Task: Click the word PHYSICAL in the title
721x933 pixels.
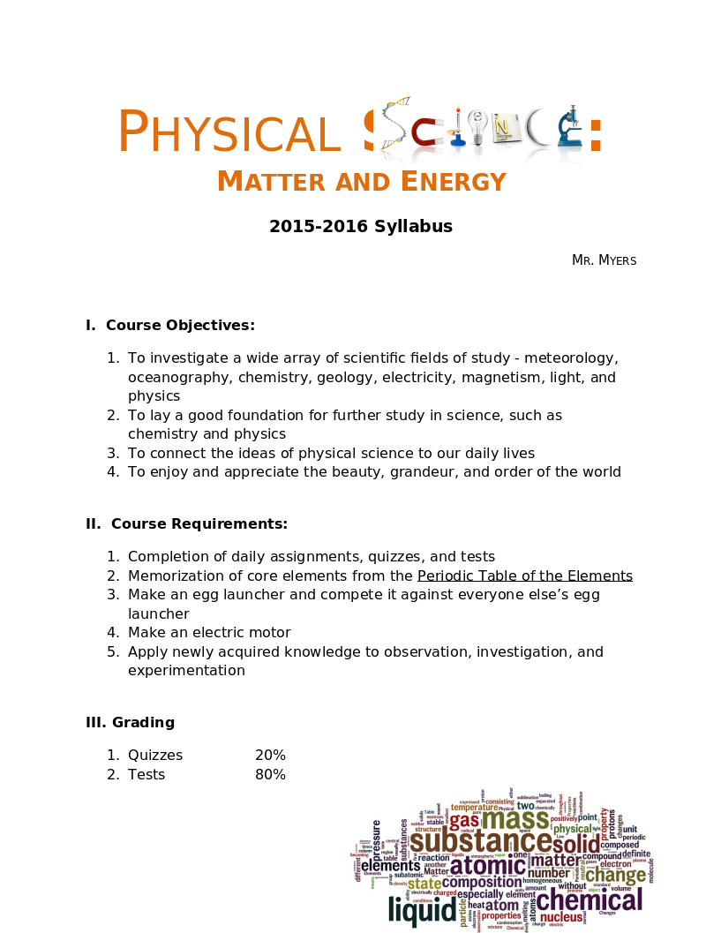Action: pyautogui.click(x=229, y=133)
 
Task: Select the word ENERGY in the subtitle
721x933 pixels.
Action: pyautogui.click(x=454, y=182)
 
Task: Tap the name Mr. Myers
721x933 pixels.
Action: pyautogui.click(x=604, y=260)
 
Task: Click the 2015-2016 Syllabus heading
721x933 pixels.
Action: pyautogui.click(x=361, y=227)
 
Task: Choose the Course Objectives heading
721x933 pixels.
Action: pyautogui.click(x=170, y=326)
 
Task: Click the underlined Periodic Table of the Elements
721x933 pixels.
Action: pyautogui.click(x=524, y=576)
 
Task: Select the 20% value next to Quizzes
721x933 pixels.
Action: pyautogui.click(x=270, y=756)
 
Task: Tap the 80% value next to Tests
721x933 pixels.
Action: pyautogui.click(x=270, y=775)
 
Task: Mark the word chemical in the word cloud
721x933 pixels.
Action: pyautogui.click(x=590, y=900)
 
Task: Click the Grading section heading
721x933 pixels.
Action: pyautogui.click(x=131, y=723)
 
